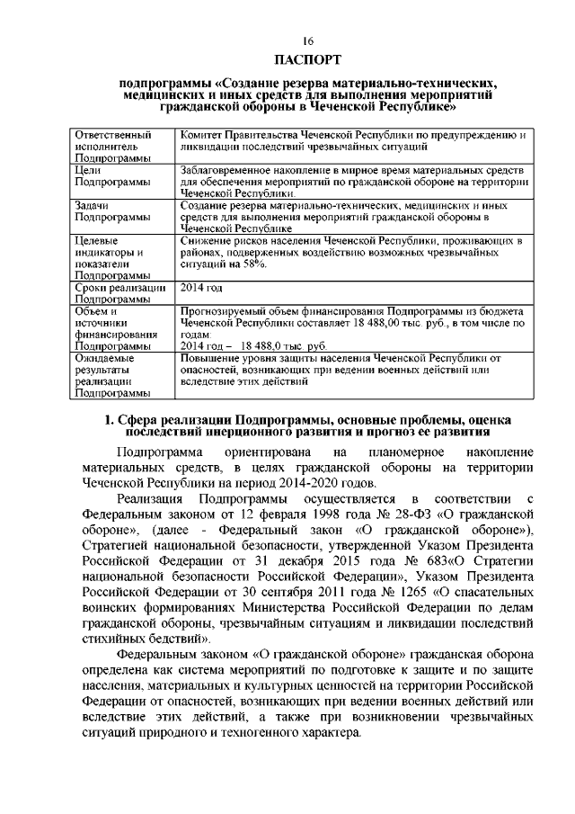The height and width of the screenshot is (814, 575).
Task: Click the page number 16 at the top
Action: point(307,41)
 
